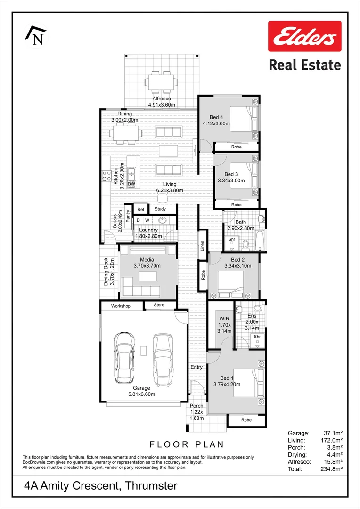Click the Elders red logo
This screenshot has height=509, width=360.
tap(304, 36)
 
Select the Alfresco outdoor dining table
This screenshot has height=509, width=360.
tap(161, 82)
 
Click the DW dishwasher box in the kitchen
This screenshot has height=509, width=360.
tap(131, 184)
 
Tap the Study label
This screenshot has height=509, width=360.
tap(160, 209)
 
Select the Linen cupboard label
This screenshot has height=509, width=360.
tap(202, 246)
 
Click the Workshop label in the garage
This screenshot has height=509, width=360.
tap(121, 306)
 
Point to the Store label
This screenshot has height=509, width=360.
tap(159, 306)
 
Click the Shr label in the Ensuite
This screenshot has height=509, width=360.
tap(257, 337)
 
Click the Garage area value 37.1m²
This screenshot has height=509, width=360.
tap(332, 433)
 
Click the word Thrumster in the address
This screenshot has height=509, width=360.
tap(151, 486)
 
